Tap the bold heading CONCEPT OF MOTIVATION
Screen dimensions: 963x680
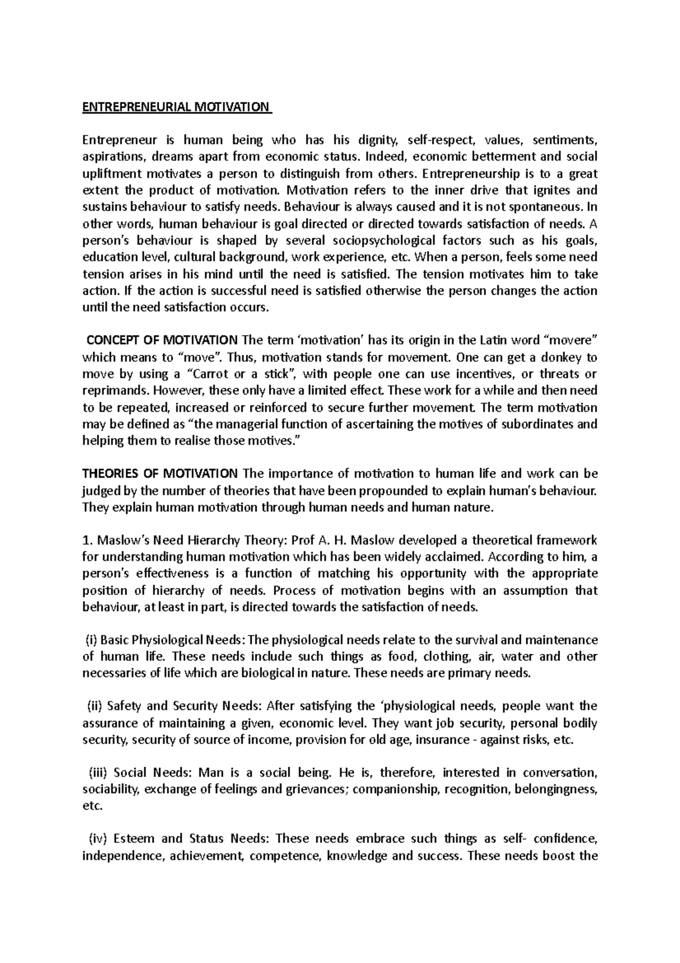[x=162, y=340]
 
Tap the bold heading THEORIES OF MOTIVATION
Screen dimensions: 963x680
[x=160, y=474]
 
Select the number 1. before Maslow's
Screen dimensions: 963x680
[x=86, y=540]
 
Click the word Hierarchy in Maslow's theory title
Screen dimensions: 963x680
[x=210, y=540]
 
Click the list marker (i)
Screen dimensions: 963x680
[x=91, y=640]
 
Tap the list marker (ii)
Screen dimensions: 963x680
[x=93, y=707]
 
